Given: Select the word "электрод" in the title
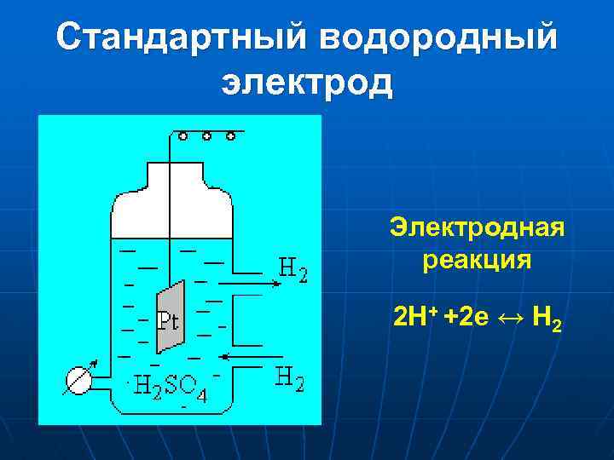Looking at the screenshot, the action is tap(307, 83).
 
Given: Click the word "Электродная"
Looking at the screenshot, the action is tap(477, 228).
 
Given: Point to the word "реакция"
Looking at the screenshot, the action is tap(477, 260).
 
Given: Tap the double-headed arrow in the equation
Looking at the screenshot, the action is tap(507, 319).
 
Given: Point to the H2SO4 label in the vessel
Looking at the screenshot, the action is tap(171, 387).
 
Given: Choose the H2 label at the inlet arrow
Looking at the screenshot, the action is tap(289, 377).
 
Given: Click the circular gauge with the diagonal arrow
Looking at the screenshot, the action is tap(78, 379).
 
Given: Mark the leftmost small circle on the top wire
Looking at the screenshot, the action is tap(183, 135).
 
